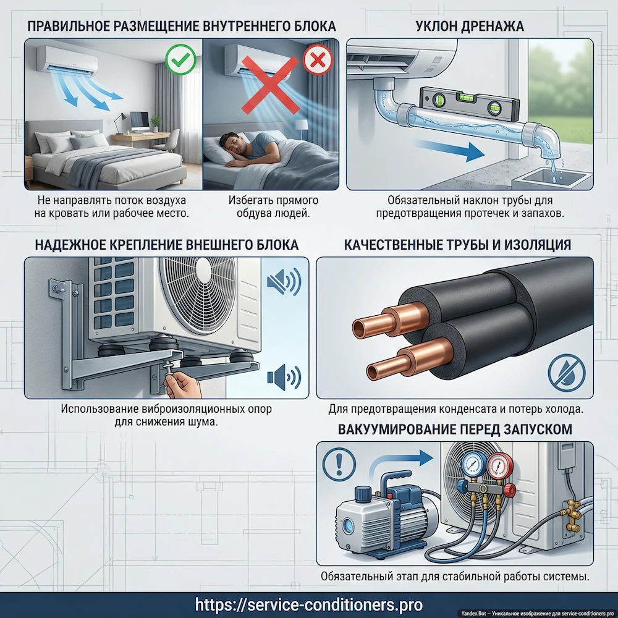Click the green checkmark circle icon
(180, 59)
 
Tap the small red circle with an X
(318, 59)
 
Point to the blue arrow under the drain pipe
(450, 149)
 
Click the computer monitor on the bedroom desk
(140, 121)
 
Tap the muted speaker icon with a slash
(284, 282)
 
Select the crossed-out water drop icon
(567, 373)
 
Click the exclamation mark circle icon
(339, 464)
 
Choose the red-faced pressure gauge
(500, 465)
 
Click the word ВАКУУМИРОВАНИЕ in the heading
(396, 430)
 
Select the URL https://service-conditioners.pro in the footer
(309, 604)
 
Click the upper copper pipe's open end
(360, 329)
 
